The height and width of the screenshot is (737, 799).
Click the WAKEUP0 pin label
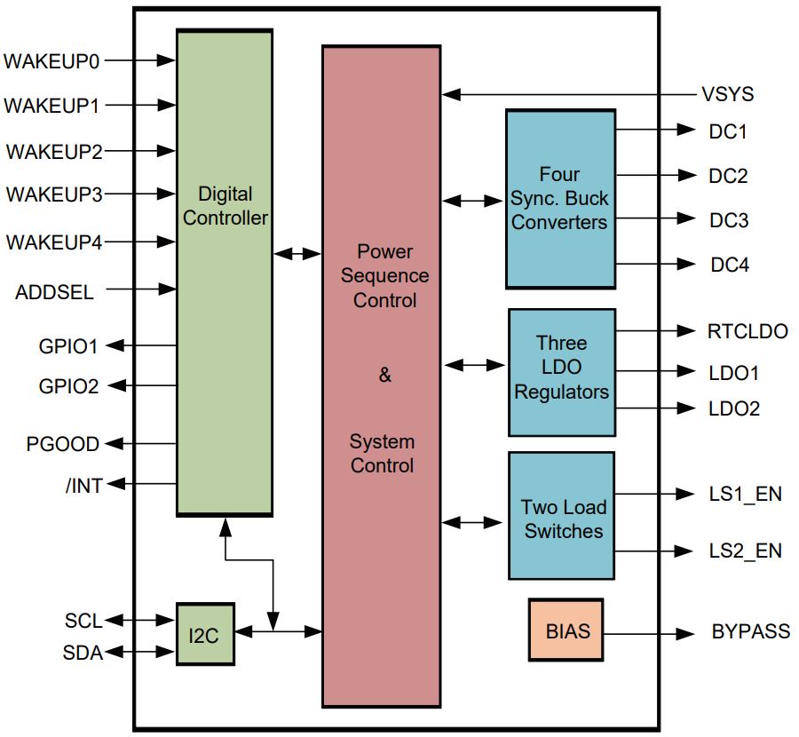click(51, 61)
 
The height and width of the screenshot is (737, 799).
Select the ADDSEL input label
click(54, 292)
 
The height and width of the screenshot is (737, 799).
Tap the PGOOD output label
click(63, 444)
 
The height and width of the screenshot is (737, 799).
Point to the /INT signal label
click(84, 486)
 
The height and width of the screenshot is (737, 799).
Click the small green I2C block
click(205, 634)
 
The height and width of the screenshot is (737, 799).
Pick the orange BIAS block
click(566, 630)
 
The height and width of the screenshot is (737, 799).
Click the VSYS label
click(728, 94)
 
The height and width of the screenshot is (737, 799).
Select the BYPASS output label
click(751, 631)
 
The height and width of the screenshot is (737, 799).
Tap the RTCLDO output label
click(748, 331)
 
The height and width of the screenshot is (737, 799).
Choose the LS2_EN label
click(746, 551)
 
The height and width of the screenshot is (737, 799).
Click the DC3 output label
click(729, 220)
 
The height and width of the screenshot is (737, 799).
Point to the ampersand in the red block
click(384, 375)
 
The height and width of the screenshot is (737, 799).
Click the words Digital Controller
click(225, 206)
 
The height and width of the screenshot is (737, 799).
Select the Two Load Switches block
click(562, 516)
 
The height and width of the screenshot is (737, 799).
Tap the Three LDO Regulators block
click(562, 373)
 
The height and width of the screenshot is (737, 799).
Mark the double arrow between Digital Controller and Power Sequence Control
click(297, 253)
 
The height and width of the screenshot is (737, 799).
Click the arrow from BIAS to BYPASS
click(649, 634)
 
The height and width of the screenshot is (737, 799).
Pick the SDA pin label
click(83, 653)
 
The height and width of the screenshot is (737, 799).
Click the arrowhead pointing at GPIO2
click(116, 385)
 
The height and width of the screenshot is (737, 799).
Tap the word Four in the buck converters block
click(559, 174)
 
